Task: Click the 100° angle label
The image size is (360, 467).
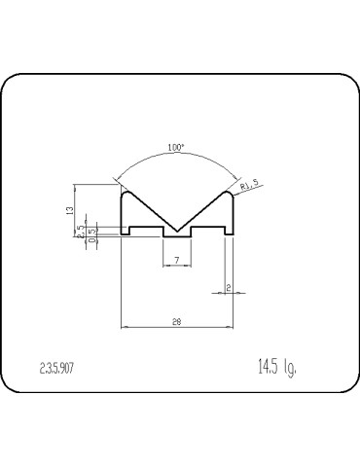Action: pos(176,147)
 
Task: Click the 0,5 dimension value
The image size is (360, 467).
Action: pos(93,233)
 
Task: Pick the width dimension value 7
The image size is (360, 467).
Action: pos(176,260)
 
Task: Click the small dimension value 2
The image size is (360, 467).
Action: pos(227,288)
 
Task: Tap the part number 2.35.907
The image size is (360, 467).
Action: pos(59,368)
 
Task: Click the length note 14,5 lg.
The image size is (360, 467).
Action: pos(276,367)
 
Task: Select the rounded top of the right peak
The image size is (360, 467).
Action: pos(228,193)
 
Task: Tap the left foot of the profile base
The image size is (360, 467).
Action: pos(126,233)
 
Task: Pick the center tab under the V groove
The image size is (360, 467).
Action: pos(176,234)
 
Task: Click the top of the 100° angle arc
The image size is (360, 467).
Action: pos(176,156)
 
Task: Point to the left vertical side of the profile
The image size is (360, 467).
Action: pos(120,214)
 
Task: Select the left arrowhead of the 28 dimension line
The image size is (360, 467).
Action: pos(123,326)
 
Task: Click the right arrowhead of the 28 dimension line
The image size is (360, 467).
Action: pos(231,326)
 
